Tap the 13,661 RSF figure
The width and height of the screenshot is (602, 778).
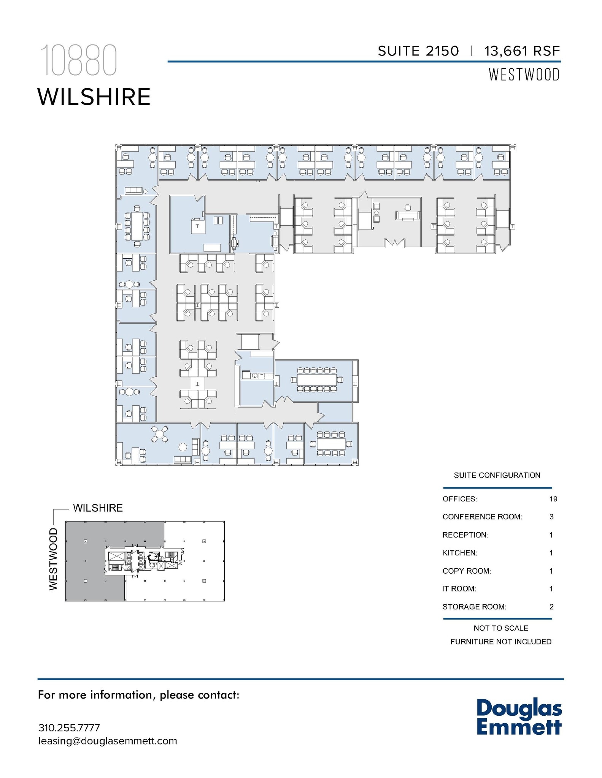click(522, 51)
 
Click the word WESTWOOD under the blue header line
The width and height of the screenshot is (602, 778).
click(524, 75)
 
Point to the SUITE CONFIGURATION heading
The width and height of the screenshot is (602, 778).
click(497, 475)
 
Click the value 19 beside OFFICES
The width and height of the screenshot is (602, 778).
click(553, 499)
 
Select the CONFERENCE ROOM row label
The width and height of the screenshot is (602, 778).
click(482, 517)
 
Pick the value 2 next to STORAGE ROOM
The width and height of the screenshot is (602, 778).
click(551, 607)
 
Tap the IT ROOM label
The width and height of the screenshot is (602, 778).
click(459, 589)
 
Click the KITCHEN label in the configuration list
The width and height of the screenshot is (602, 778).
click(459, 553)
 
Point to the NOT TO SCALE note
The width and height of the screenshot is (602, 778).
click(500, 628)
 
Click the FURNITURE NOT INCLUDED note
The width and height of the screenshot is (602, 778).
click(500, 642)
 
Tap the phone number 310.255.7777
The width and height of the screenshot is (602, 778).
click(69, 728)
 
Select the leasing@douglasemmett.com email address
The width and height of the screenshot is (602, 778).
click(108, 741)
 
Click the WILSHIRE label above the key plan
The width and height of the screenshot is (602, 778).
click(98, 508)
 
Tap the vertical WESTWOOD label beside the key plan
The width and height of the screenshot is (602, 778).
click(54, 559)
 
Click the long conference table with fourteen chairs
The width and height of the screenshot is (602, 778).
click(317, 380)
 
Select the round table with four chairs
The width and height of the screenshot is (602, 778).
click(160, 434)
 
